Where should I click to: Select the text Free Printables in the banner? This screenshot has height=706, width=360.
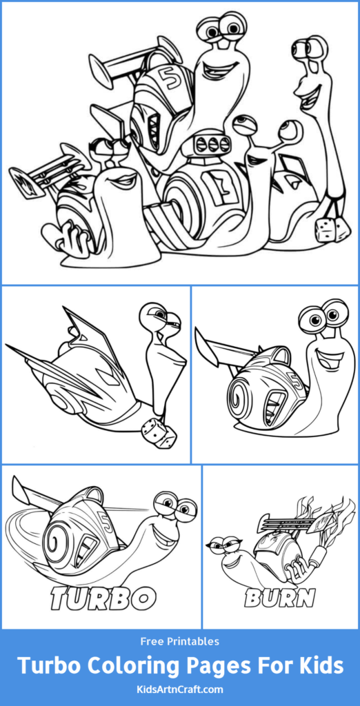point(179,641)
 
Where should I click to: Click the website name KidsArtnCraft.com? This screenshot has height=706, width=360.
point(179,688)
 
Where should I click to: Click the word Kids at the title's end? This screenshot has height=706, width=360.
point(314,666)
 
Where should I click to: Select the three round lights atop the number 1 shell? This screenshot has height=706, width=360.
point(213,144)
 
